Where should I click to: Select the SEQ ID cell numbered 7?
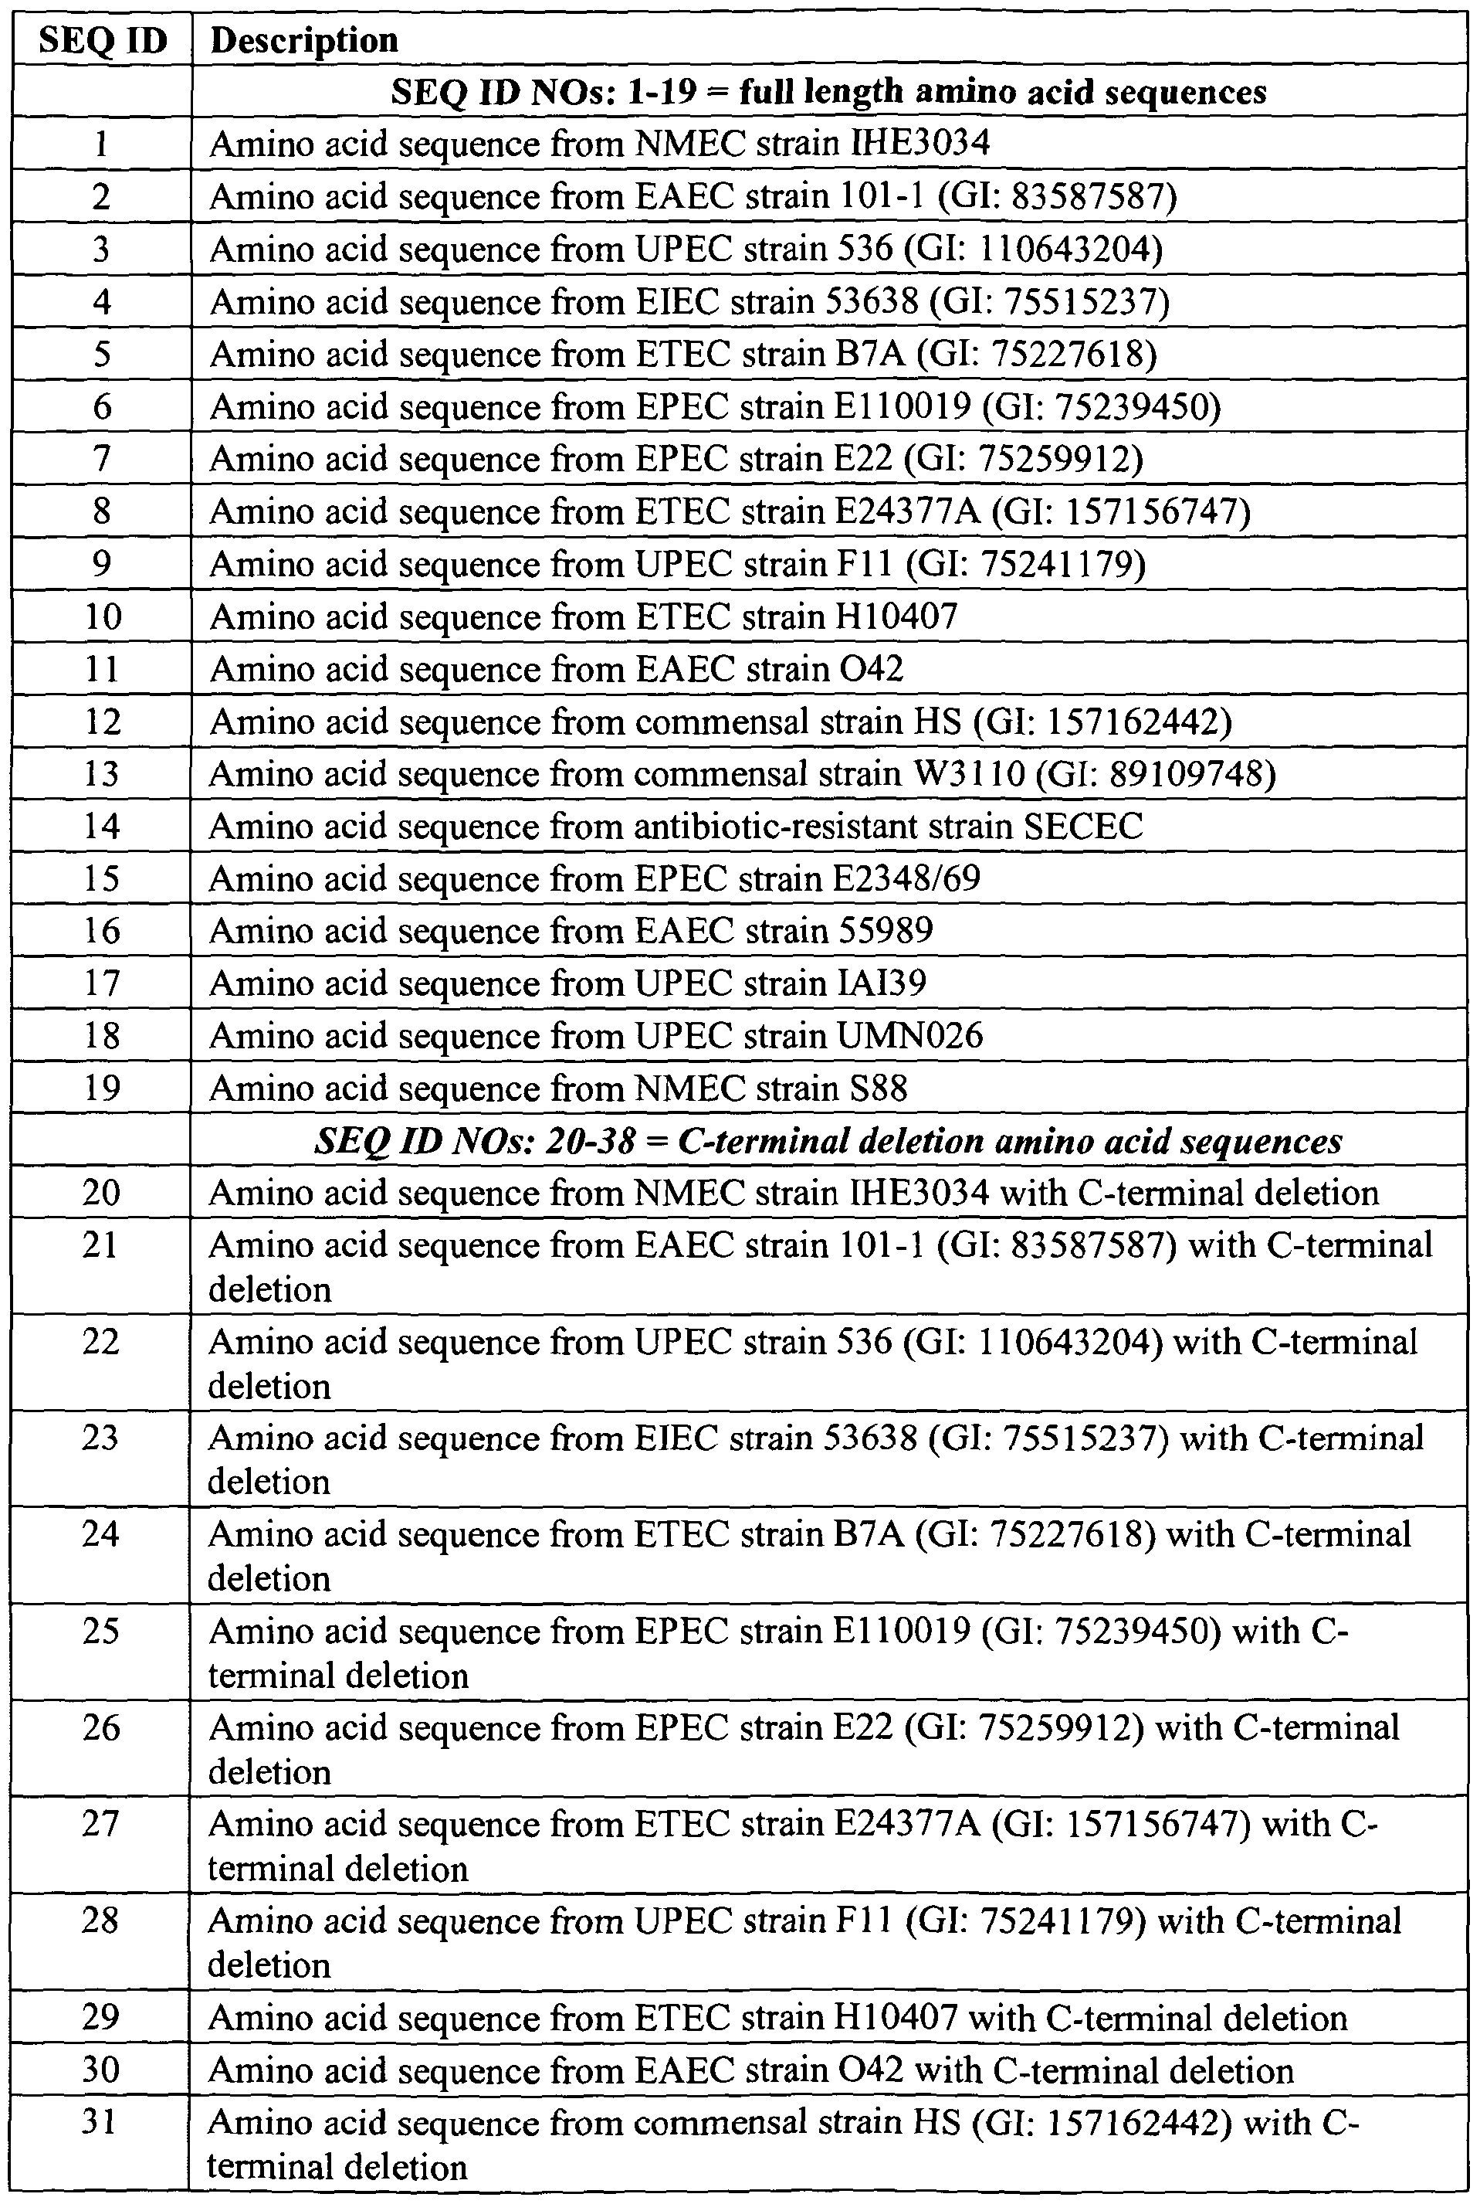tap(102, 459)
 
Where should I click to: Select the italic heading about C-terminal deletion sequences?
tap(828, 1141)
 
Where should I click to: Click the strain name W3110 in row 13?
tap(967, 773)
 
